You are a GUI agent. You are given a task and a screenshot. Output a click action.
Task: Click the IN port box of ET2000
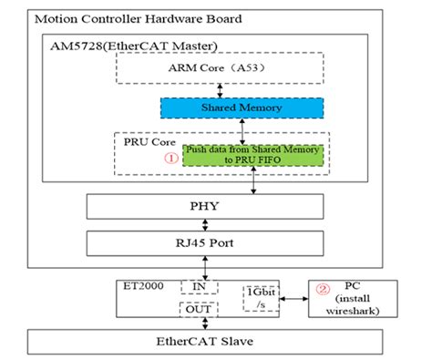(199, 285)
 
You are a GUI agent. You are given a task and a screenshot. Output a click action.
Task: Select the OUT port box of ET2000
(199, 308)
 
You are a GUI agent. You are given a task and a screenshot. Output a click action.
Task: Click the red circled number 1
(170, 156)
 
